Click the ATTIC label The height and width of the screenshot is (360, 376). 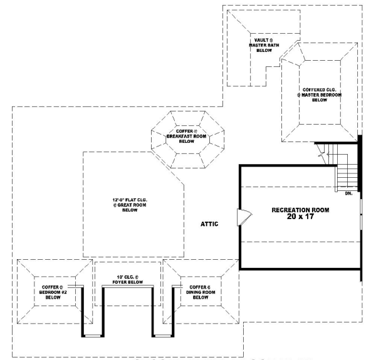point(209,224)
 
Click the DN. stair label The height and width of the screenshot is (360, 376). point(348,193)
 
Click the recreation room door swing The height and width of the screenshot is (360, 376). point(243,217)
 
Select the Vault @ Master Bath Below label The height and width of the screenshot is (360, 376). point(259,45)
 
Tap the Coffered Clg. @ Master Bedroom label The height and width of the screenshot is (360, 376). point(320,95)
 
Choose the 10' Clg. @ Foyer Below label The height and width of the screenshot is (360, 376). point(128,279)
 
